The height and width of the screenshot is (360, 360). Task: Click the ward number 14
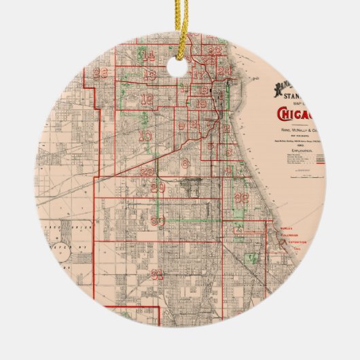coord(148,56)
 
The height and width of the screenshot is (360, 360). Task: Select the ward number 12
coord(147,99)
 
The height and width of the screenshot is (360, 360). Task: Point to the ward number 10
coord(145,135)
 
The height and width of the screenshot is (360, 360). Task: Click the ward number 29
coord(158,187)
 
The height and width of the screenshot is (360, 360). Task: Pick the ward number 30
coord(159,221)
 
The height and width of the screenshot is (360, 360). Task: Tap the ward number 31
coord(158,274)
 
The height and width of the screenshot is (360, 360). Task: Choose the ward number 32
coord(241,198)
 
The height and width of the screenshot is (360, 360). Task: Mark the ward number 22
coord(213,51)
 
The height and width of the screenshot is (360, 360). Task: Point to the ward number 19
coord(201,105)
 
